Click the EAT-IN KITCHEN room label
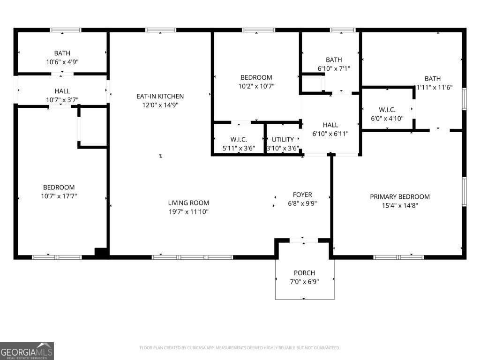[x=160, y=97]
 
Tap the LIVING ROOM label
[x=188, y=203]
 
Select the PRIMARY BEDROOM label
[x=400, y=197]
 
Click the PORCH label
[x=304, y=273]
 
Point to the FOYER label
[x=302, y=195]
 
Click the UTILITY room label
[x=283, y=140]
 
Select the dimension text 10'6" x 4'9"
[x=62, y=62]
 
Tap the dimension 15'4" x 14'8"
[x=400, y=205]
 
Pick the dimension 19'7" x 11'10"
[x=188, y=211]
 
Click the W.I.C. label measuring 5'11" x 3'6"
[x=239, y=140]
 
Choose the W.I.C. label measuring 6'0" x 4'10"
[x=387, y=110]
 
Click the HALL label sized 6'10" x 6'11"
[x=330, y=125]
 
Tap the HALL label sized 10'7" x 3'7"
[x=62, y=91]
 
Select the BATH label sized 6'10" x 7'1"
[x=334, y=60]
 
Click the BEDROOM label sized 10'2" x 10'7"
[x=256, y=77]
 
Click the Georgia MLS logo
[x=27, y=351]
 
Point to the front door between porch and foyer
[x=303, y=240]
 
